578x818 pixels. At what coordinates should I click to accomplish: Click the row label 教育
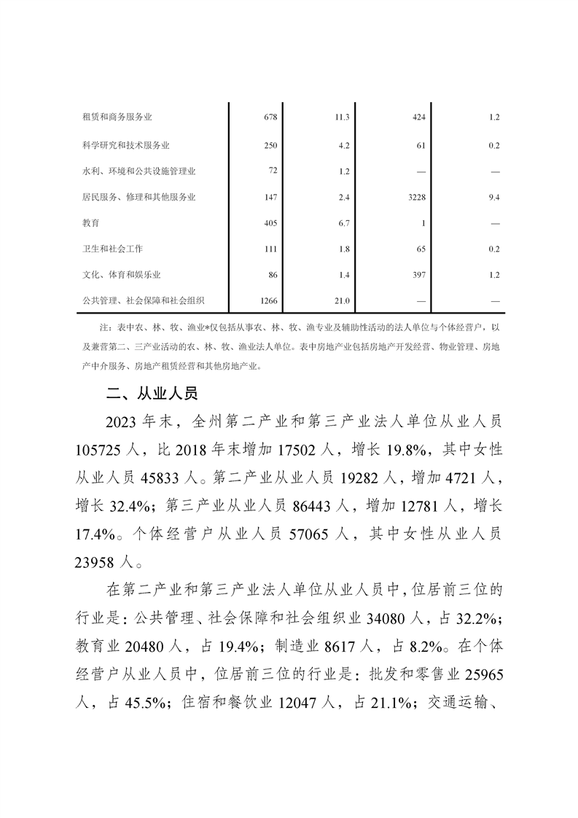click(91, 223)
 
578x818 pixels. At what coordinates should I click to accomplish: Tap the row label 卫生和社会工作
click(113, 249)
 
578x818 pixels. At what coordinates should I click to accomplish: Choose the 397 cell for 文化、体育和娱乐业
click(418, 275)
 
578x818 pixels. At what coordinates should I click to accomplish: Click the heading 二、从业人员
click(152, 394)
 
